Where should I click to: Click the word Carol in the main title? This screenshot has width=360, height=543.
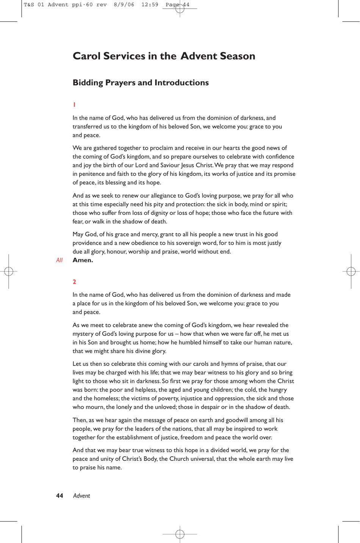[x=86, y=56]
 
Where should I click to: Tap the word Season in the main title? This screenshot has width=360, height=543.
[x=237, y=56]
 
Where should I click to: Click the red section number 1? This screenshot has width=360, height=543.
[x=74, y=105]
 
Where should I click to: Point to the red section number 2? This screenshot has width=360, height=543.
[x=74, y=282]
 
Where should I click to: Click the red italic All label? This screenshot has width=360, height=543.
[x=59, y=260]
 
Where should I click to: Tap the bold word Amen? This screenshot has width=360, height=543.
[x=83, y=260]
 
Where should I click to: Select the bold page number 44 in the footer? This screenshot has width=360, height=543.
[x=59, y=496]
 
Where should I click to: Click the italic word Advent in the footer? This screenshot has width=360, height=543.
[x=81, y=496]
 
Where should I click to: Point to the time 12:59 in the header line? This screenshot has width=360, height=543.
[x=150, y=5]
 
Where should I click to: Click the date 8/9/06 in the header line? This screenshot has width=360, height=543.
[x=124, y=5]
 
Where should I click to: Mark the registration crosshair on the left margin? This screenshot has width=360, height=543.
[x=9, y=271]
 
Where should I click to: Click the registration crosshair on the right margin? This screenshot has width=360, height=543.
[x=351, y=271]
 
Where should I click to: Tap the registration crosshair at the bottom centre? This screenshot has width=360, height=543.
[x=180, y=534]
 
